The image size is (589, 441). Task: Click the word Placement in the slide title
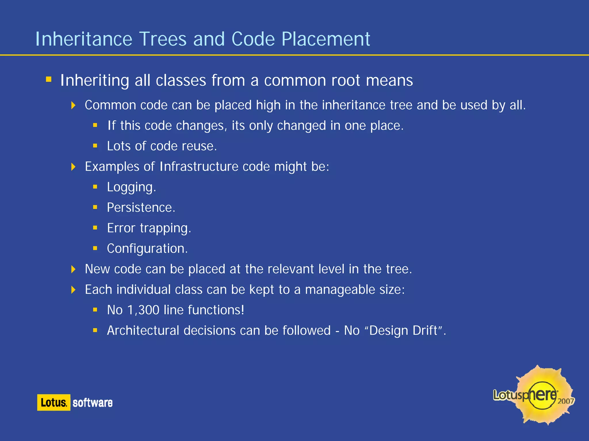tap(326, 39)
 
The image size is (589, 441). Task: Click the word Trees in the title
tap(163, 39)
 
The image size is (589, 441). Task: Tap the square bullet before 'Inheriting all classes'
tap(49, 79)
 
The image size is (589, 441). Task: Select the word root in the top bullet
tap(345, 80)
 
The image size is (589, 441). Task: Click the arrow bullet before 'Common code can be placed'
tap(73, 105)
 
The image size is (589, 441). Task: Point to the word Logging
tap(131, 187)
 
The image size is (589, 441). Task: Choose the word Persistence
tap(141, 208)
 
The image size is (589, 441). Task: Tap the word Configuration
tap(147, 249)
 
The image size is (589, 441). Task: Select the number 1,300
tap(143, 310)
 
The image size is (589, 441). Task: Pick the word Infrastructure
tap(199, 167)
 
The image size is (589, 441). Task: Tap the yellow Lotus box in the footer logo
tap(53, 402)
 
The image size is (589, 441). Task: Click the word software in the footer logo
tap(92, 403)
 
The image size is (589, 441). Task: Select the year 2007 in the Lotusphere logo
tap(565, 401)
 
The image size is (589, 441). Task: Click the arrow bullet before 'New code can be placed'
tap(73, 269)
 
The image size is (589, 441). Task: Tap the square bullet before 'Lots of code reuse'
tap(95, 146)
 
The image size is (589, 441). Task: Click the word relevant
tap(291, 269)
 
